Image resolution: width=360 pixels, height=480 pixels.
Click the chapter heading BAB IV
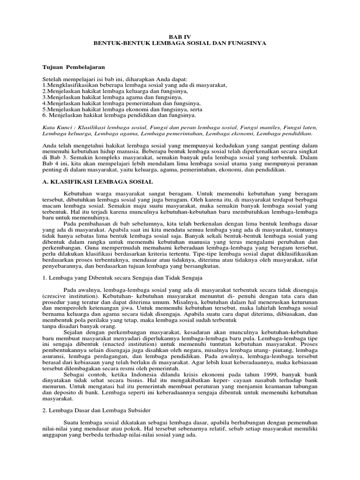coord(180,36)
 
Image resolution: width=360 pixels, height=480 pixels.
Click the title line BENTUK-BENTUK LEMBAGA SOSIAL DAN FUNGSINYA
coord(180,43)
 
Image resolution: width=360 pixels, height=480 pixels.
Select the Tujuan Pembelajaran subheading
coord(74,67)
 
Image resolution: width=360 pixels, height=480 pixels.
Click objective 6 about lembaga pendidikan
coord(119,115)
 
